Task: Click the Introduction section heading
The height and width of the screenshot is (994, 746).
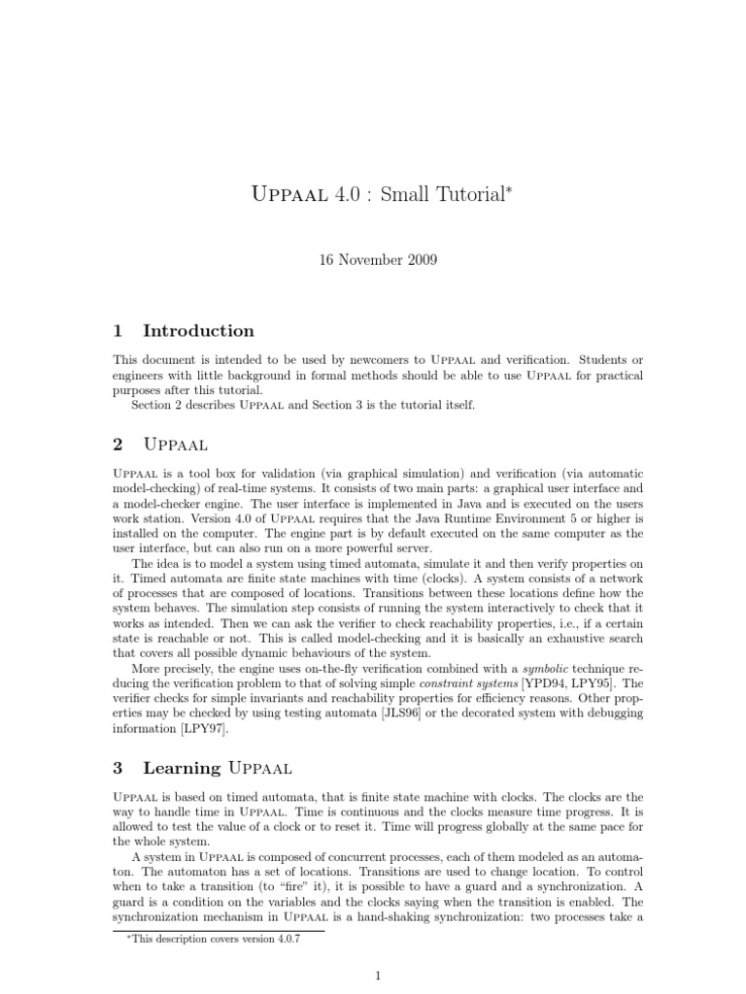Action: click(198, 330)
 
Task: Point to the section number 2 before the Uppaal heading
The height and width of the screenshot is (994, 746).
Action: click(118, 445)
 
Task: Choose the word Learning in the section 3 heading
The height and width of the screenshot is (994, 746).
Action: click(182, 768)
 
